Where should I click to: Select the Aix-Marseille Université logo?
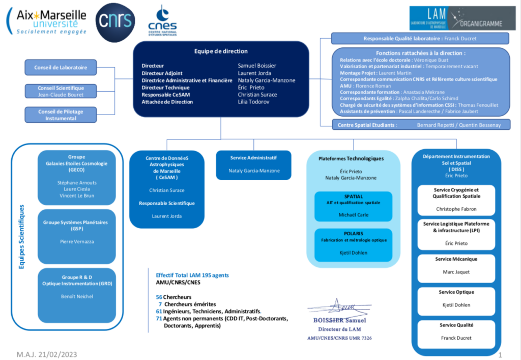tap(47, 21)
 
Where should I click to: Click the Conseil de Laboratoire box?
tap(61, 68)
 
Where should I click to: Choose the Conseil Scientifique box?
tap(61, 91)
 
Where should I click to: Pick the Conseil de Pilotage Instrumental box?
tap(61, 115)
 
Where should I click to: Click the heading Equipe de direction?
tap(221, 51)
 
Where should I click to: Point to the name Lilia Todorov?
tap(252, 102)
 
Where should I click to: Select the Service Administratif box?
tap(253, 164)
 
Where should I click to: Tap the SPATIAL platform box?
tap(353, 206)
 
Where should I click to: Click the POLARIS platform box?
tap(353, 243)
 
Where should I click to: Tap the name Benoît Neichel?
tap(76, 296)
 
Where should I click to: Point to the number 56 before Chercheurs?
tap(159, 296)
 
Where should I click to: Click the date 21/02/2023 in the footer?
tap(57, 354)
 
